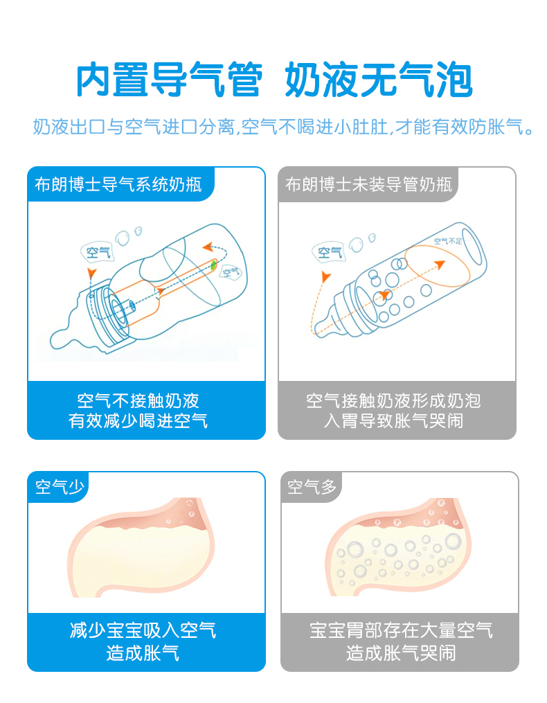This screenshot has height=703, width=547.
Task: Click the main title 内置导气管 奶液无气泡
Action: click(x=274, y=80)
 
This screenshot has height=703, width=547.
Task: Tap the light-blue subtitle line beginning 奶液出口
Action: click(x=283, y=127)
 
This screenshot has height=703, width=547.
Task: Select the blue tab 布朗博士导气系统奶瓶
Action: click(x=118, y=184)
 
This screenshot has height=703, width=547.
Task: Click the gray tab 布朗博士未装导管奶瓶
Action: click(x=368, y=184)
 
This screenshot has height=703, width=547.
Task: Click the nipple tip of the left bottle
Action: click(x=55, y=339)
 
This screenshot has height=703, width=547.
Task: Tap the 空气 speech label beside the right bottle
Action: click(x=330, y=252)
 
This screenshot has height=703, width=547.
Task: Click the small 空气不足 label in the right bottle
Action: click(x=447, y=241)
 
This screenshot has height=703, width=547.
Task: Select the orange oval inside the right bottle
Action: click(x=437, y=265)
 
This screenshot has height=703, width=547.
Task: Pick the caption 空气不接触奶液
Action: click(x=138, y=401)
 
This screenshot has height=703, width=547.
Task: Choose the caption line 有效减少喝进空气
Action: click(x=138, y=421)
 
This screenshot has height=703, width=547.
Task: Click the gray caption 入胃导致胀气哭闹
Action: click(x=394, y=421)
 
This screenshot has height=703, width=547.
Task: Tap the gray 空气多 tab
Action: click(x=312, y=487)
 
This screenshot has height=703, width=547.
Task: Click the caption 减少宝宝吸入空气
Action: click(x=143, y=630)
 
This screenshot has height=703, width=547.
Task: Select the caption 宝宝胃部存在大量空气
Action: click(x=401, y=630)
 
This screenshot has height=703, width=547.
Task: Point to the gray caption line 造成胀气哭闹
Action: click(x=401, y=652)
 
